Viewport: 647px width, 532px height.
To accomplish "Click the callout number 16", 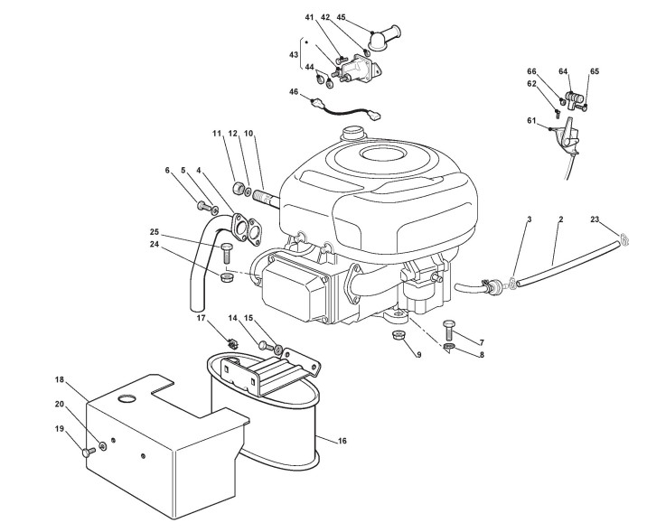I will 341,441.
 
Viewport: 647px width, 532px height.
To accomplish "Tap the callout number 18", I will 59,381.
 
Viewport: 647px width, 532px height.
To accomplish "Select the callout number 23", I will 594,219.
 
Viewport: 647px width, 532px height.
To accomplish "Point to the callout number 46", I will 294,91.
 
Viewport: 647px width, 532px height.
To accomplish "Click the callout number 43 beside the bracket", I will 294,54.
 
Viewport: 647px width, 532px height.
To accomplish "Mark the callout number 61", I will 531,120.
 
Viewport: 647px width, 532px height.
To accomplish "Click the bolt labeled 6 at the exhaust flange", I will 201,204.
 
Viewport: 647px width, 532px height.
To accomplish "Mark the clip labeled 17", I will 232,343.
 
